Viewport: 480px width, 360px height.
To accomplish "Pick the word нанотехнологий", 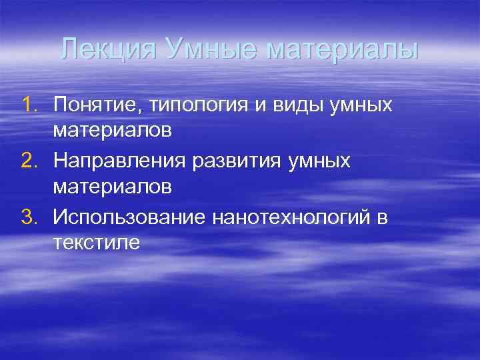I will (x=293, y=217).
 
